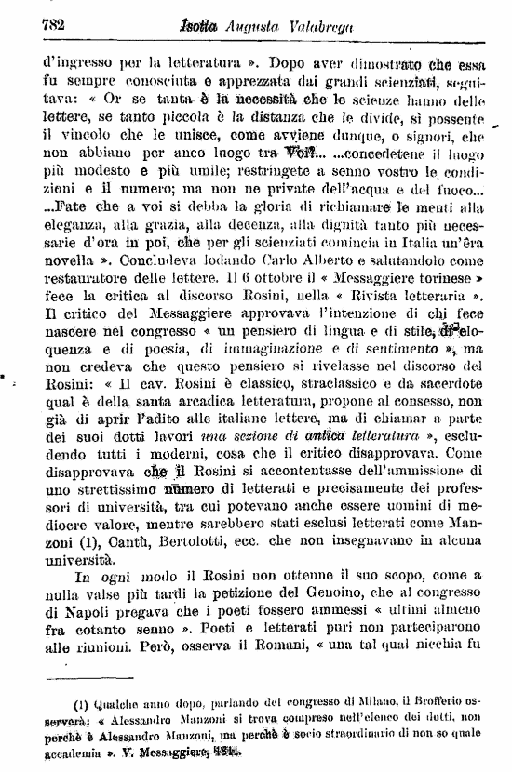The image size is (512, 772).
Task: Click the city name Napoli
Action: pos(84,617)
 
